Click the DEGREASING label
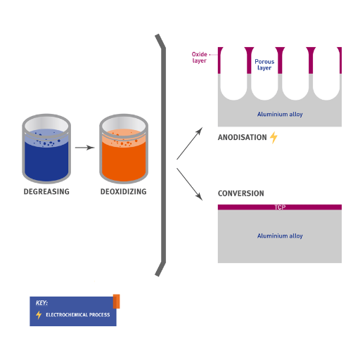tap(46, 191)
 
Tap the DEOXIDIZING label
tap(124, 191)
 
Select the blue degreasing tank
tap(46, 148)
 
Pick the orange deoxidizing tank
tap(124, 148)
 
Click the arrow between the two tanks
tap(85, 148)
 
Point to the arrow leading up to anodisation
tap(189, 143)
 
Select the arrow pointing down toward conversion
tap(189, 184)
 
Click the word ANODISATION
tap(242, 137)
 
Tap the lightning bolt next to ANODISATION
tap(274, 137)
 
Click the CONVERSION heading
tap(241, 193)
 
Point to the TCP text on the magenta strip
tap(280, 207)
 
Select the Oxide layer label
tap(200, 58)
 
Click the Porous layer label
tap(264, 65)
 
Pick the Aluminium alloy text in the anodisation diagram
tap(280, 114)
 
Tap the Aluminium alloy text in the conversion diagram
tap(280, 236)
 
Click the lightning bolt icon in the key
tap(39, 315)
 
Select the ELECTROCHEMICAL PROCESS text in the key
tap(78, 315)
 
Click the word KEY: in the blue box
tap(41, 303)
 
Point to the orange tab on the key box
tap(116, 302)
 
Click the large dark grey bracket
tap(164, 155)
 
